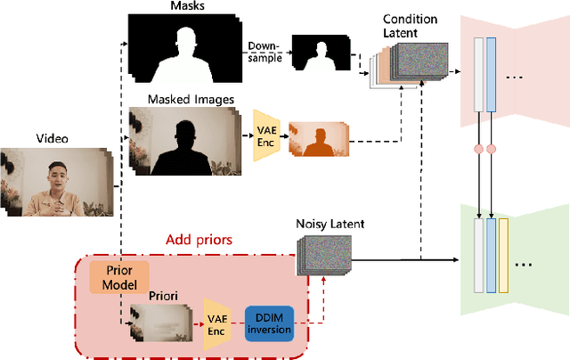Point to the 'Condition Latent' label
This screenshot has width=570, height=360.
410,25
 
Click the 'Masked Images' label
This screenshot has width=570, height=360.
184,100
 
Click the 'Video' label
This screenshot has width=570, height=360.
51,139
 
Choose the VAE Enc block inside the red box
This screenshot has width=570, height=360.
216,323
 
